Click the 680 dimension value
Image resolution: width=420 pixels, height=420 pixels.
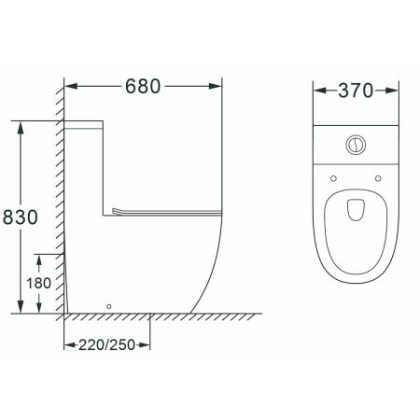(143, 87)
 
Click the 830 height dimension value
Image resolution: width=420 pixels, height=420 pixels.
(21, 217)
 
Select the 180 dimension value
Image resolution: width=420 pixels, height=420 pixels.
(38, 284)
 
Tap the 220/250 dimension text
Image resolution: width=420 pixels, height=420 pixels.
(106, 344)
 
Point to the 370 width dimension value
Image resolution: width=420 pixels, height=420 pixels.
(356, 91)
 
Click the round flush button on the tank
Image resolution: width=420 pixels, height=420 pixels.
(356, 145)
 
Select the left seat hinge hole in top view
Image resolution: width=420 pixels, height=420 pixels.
(333, 178)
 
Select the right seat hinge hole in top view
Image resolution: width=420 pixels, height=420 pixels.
(378, 178)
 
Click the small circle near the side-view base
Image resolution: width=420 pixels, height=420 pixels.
(108, 306)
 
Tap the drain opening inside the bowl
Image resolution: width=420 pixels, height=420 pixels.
(356, 209)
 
